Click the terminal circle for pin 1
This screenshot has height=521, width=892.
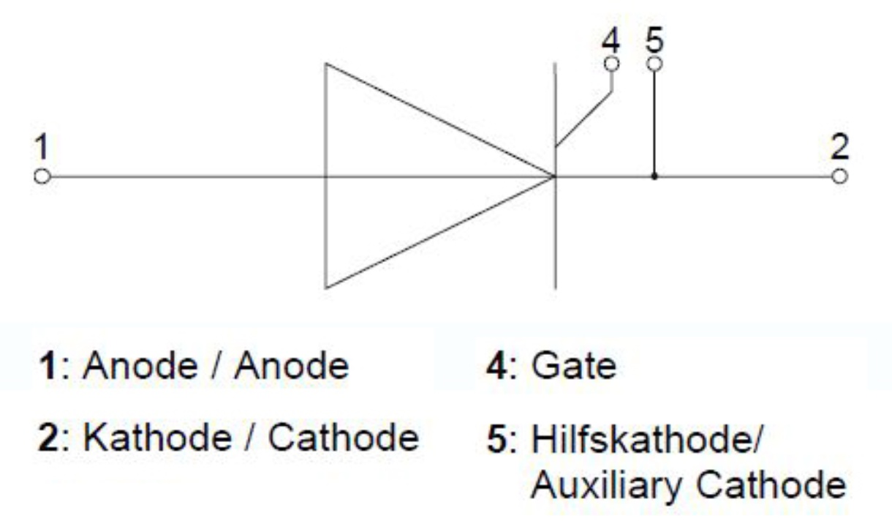click(42, 176)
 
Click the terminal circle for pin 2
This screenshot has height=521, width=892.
click(840, 176)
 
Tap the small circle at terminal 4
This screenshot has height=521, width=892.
click(612, 64)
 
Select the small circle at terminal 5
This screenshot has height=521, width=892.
click(654, 64)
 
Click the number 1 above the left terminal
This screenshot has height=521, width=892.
click(42, 149)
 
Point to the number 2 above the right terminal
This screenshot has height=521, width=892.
click(841, 149)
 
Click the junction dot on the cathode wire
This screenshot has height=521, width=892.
click(654, 176)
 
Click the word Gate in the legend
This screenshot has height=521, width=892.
click(573, 367)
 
